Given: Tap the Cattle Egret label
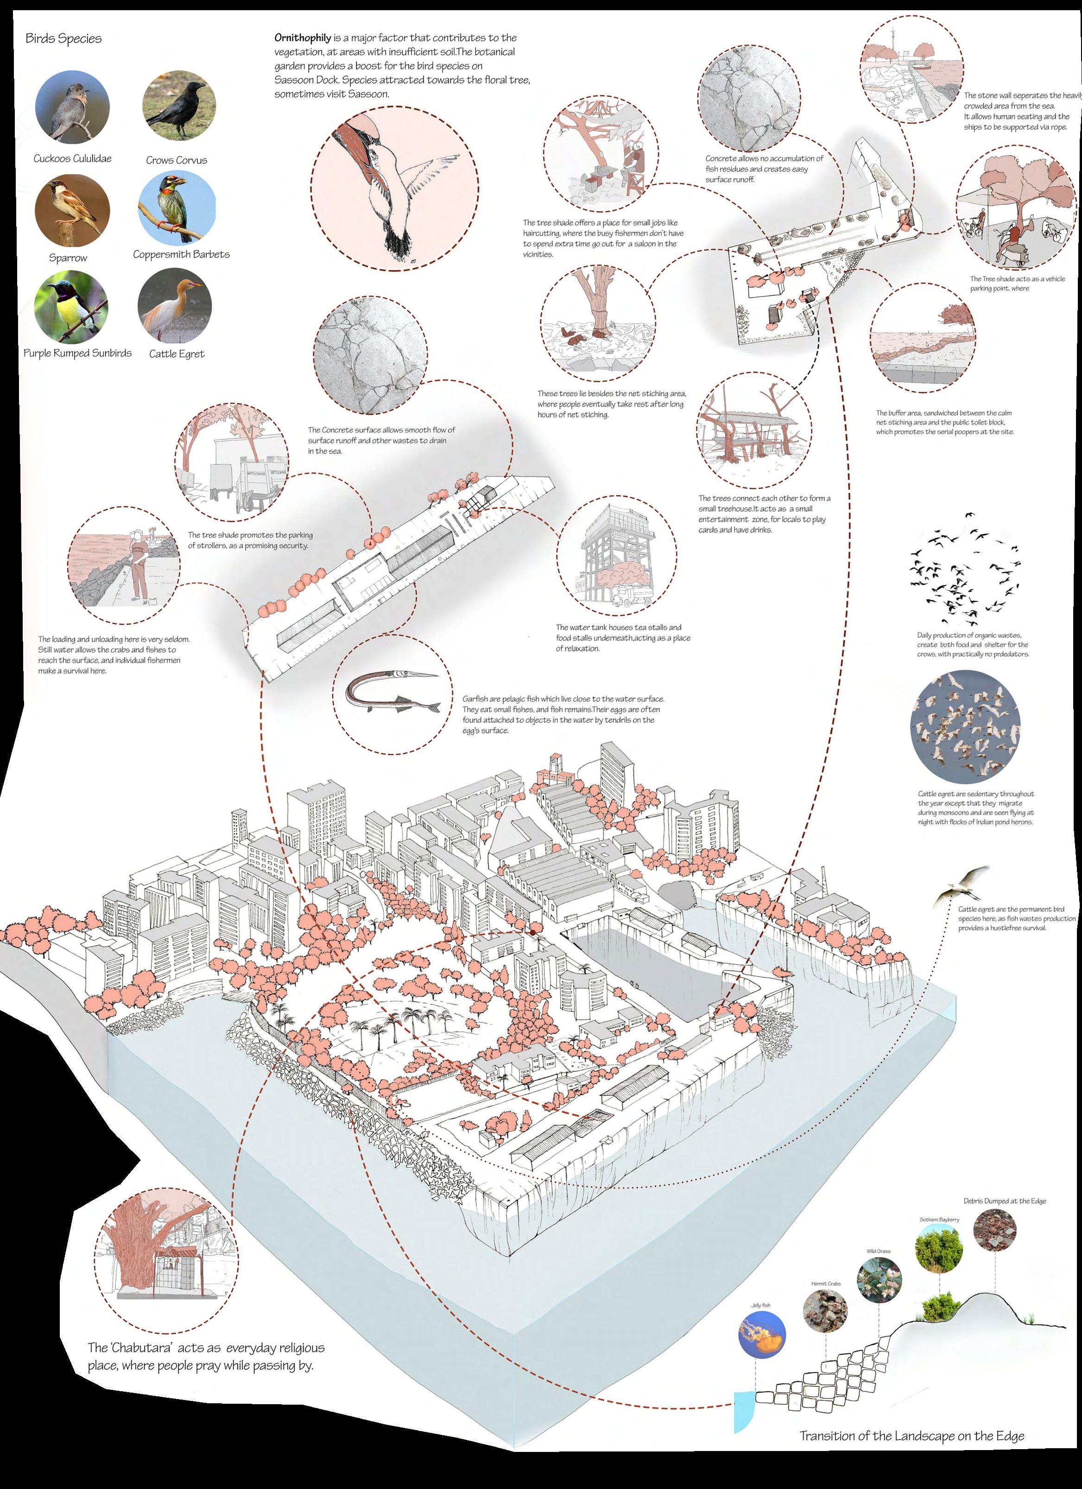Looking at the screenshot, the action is click(x=177, y=354).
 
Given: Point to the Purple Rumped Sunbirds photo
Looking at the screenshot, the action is click(x=71, y=307).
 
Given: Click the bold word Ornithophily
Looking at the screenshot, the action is click(x=303, y=38).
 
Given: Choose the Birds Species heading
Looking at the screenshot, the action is click(x=63, y=38).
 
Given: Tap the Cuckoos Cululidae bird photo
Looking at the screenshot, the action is click(x=72, y=108).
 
